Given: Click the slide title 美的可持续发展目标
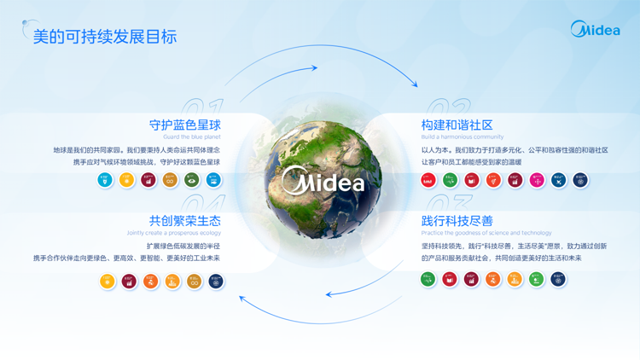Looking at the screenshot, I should click(x=104, y=37).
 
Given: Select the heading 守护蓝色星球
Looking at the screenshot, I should click(x=184, y=125).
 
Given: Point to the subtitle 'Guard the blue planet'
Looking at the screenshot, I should click(x=191, y=136).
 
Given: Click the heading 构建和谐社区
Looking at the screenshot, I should click(x=457, y=125).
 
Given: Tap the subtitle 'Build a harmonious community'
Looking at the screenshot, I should click(x=462, y=136).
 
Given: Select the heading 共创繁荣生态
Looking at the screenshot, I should click(x=184, y=221).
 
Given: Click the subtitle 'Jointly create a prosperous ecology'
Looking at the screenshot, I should click(x=173, y=233).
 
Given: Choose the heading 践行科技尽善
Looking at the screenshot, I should click(x=457, y=221).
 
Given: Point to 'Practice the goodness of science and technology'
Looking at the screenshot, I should click(x=486, y=233).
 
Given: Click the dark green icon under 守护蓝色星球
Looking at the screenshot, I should click(x=192, y=180).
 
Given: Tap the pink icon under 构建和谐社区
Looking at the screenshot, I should click(x=537, y=180).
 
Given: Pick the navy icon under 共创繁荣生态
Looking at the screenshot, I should click(x=216, y=281).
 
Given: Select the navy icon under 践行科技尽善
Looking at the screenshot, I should click(x=558, y=279).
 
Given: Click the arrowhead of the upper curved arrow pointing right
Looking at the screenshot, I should click(x=414, y=84).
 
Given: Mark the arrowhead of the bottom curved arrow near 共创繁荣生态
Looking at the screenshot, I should click(x=243, y=298).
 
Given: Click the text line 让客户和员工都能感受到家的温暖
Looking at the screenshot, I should click(x=471, y=162).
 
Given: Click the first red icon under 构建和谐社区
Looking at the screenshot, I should click(x=428, y=180).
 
